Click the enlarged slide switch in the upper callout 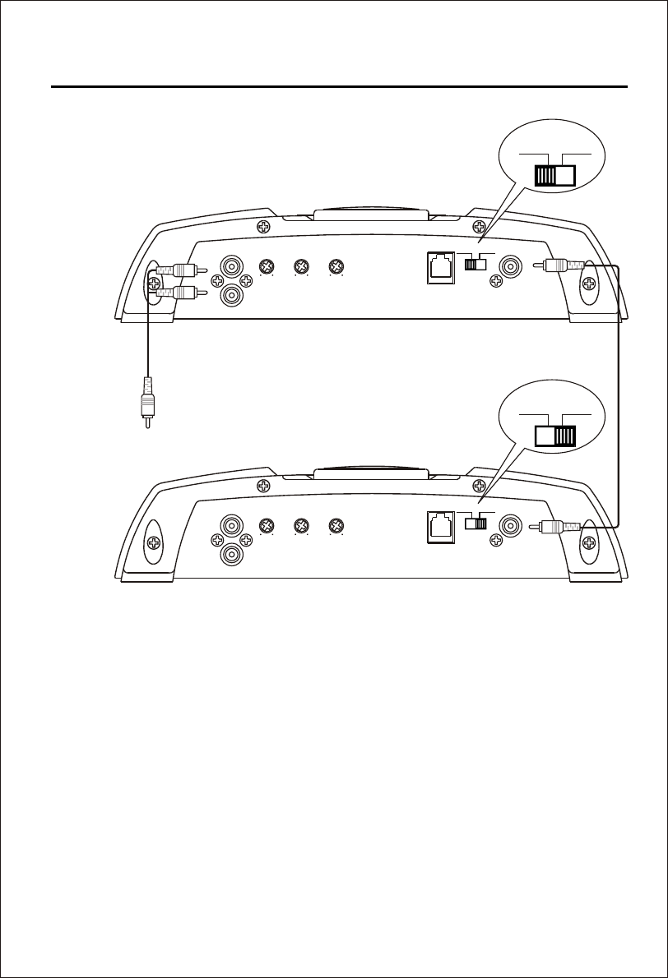point(554,175)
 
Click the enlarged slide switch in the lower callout point(554,435)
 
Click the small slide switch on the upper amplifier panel point(473,265)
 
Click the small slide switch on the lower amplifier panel point(474,524)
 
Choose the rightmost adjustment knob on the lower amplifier point(335,525)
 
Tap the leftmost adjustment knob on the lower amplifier point(266,525)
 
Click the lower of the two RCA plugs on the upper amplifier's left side point(177,292)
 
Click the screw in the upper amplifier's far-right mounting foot point(589,284)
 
